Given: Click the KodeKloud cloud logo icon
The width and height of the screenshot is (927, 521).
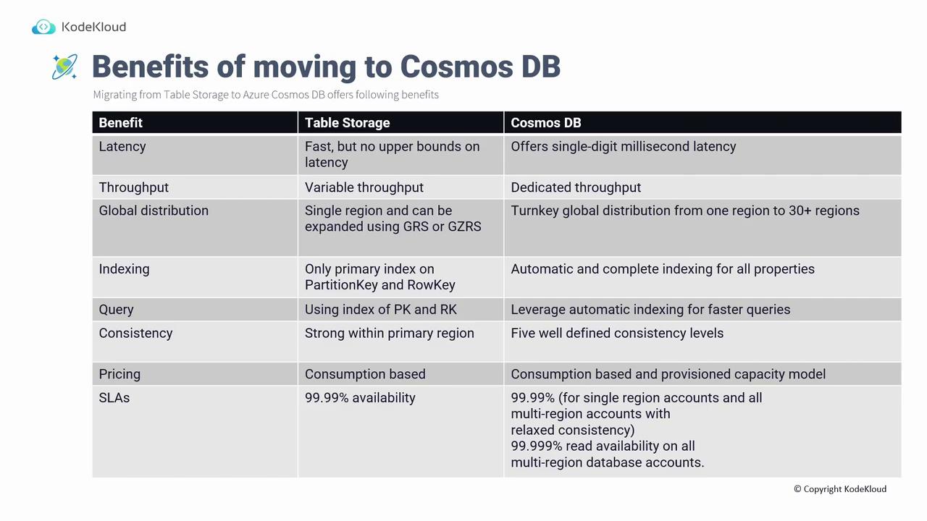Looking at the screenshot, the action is click(x=43, y=27).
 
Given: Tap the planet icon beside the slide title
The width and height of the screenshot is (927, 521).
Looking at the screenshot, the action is click(x=64, y=67).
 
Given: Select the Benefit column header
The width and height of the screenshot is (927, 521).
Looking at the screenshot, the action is click(x=120, y=123).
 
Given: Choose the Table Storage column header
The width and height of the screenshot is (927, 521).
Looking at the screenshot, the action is click(x=347, y=123).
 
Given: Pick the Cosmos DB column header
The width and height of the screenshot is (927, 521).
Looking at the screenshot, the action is click(x=546, y=123).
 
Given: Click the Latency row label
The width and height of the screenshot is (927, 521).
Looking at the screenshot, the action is click(x=122, y=147).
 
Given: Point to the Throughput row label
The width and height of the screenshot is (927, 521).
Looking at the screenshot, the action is click(x=134, y=187).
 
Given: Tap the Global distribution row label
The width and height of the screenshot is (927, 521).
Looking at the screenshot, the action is click(x=154, y=211).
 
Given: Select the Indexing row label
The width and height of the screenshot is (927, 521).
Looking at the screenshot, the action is click(x=124, y=269).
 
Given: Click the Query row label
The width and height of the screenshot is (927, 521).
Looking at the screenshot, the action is click(x=117, y=310).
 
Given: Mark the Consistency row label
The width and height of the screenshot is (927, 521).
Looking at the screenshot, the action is click(x=135, y=334).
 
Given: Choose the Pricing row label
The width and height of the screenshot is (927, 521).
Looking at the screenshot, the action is click(x=119, y=374).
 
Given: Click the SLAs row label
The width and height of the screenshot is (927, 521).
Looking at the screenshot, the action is click(x=114, y=398).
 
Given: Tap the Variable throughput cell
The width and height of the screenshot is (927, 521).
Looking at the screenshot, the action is click(x=364, y=187).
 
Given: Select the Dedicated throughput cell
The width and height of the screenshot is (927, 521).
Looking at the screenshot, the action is click(x=576, y=187).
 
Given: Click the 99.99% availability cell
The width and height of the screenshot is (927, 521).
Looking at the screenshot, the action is click(x=360, y=398).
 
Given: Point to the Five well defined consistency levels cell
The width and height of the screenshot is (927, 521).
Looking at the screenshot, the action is click(x=617, y=334).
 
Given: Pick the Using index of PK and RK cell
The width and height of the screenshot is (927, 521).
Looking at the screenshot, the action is click(x=381, y=310).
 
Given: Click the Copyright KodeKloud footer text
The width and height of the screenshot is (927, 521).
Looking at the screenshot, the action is click(x=840, y=489).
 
